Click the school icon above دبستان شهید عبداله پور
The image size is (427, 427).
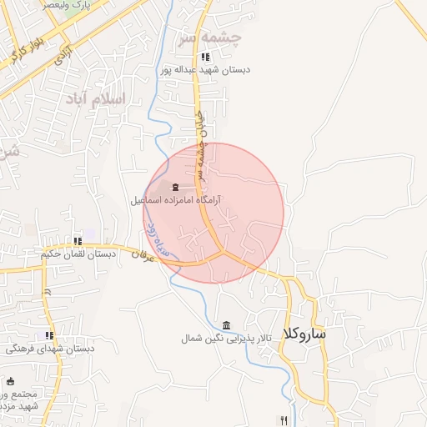(x=205, y=57)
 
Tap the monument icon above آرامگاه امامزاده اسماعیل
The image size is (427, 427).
(x=175, y=187)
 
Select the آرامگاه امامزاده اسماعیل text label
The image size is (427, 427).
(x=175, y=201)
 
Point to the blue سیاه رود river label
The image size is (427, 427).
(x=157, y=238)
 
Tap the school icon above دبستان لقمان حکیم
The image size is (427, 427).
(x=78, y=241)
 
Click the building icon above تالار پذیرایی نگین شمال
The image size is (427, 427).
(x=227, y=325)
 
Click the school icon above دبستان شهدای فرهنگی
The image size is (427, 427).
(x=50, y=335)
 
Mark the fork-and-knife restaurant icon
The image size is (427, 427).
(x=284, y=420)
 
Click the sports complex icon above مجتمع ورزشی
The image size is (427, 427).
(x=10, y=381)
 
